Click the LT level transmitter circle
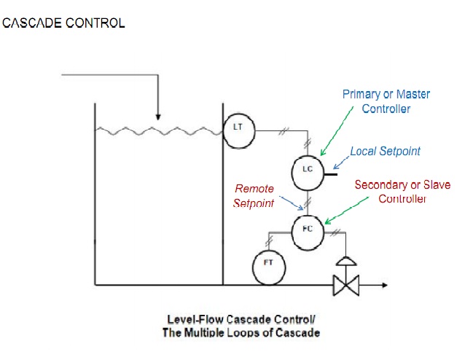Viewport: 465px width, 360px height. tap(237, 127)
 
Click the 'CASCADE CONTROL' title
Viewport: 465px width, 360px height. tap(63, 23)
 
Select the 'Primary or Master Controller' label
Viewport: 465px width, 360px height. tap(386, 102)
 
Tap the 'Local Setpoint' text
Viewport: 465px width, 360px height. tap(385, 152)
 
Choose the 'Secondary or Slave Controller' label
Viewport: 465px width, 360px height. tap(402, 192)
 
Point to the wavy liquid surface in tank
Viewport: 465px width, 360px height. tap(157, 131)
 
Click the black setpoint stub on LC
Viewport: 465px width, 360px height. tap(329, 173)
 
